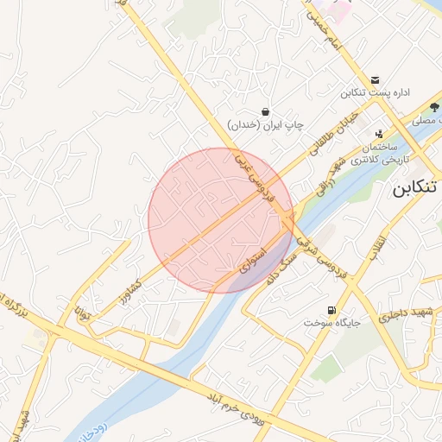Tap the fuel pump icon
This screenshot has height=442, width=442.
pos(331,310)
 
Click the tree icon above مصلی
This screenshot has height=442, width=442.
pos(433,108)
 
